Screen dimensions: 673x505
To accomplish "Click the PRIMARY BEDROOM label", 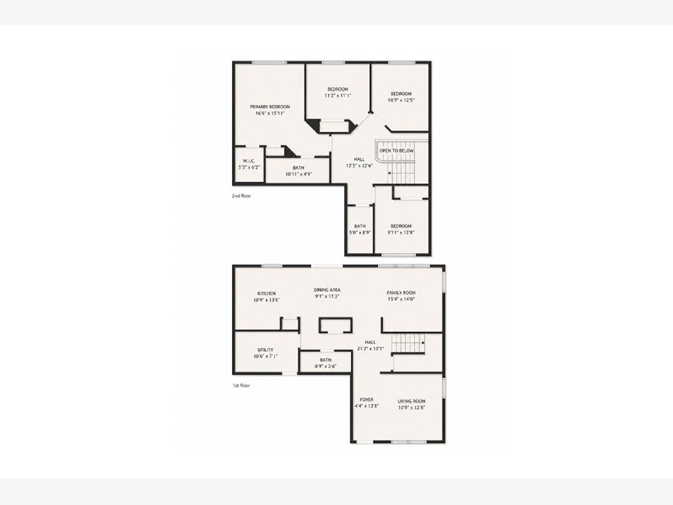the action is coord(270,107).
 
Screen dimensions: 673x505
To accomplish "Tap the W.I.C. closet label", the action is coord(248,161).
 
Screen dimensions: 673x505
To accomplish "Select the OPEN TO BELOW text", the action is coord(397,151).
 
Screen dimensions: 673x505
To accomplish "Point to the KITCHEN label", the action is coord(266,293).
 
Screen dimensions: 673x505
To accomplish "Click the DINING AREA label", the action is coord(327,290).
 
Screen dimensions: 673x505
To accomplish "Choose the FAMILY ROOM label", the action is coord(401,293).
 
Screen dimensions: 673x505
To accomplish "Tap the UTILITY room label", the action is coord(265,350).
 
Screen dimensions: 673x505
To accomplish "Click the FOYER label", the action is coord(366,400).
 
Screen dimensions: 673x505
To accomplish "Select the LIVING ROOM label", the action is coord(412,401).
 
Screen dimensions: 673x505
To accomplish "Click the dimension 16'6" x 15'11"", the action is coord(270,113).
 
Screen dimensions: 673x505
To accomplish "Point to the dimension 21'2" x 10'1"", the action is coord(370,348).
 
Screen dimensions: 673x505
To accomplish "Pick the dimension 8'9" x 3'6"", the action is coord(326,366).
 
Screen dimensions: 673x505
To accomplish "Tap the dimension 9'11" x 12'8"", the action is coord(401,232).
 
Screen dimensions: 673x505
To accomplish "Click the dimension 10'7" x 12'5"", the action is coord(401,100).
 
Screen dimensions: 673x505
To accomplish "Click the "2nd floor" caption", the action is coord(241,196).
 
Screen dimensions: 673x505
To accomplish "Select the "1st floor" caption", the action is coord(241,385).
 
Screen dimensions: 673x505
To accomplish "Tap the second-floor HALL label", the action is coord(359,159).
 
